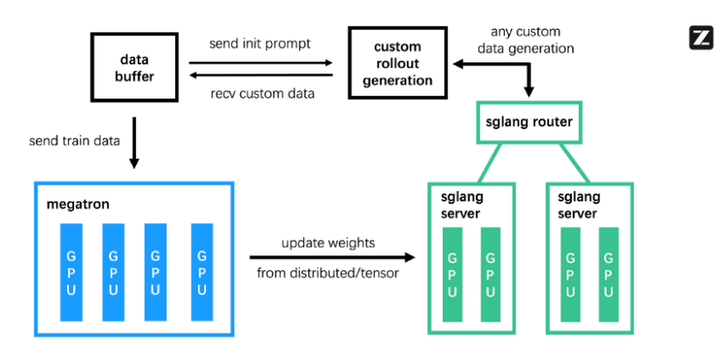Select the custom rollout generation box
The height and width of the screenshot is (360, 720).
[397, 63]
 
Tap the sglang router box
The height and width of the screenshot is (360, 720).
[529, 122]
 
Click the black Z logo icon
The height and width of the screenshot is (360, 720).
[701, 37]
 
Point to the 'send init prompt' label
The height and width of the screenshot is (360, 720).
[260, 43]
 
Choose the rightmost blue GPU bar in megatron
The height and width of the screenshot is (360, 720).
[202, 272]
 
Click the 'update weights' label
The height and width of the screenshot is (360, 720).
[328, 243]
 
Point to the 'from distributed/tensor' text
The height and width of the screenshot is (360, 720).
[328, 273]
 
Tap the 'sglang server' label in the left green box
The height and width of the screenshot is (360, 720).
[462, 205]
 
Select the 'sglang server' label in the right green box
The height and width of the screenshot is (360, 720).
[577, 205]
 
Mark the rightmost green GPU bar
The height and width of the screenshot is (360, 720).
[609, 274]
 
